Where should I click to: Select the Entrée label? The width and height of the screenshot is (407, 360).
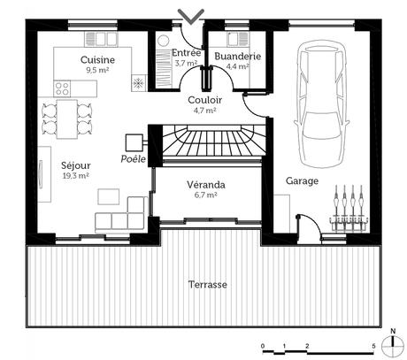tap(186, 53)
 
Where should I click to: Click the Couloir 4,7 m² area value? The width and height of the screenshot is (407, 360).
tap(204, 111)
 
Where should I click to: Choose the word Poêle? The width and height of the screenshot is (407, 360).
tap(132, 159)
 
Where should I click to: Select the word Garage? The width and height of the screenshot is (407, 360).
tap(302, 180)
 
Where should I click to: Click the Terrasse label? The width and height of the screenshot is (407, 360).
tap(208, 285)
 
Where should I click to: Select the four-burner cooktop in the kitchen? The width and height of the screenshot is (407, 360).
tap(64, 87)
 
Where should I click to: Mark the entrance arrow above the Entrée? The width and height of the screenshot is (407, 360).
tap(190, 16)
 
